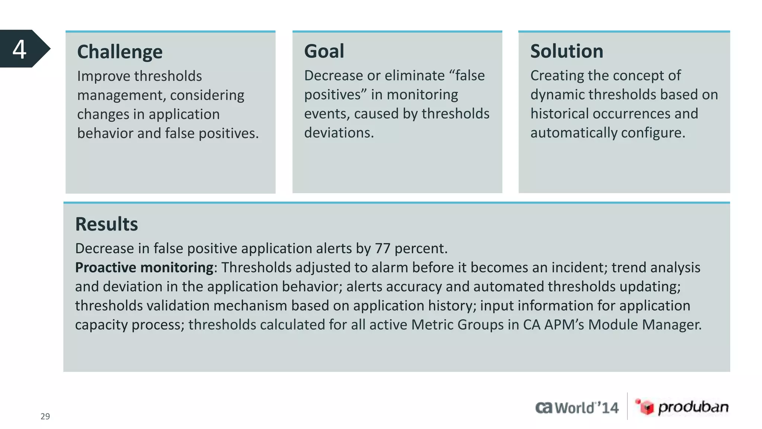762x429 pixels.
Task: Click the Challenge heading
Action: (x=120, y=52)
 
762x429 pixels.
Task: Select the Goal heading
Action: (x=324, y=51)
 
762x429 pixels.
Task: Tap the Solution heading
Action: (x=566, y=51)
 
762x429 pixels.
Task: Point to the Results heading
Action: (x=106, y=224)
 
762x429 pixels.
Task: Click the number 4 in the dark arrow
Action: (x=19, y=49)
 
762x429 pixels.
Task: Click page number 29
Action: (x=45, y=416)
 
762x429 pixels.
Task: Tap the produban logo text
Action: (x=693, y=407)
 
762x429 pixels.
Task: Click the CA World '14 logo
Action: (x=577, y=408)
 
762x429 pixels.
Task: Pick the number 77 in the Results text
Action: (x=382, y=249)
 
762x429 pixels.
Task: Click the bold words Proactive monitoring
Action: (x=144, y=268)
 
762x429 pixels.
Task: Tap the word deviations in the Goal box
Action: (x=339, y=133)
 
